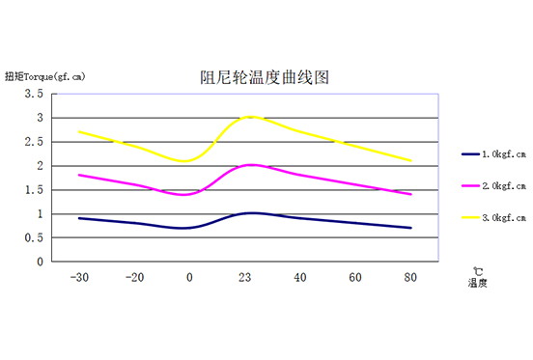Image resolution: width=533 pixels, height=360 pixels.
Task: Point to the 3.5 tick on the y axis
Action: (x=35, y=94)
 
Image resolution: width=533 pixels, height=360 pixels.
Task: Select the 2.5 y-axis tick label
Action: (x=35, y=142)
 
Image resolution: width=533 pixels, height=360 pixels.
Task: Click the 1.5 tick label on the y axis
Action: (x=35, y=190)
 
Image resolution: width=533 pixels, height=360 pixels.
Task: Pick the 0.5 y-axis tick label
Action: (x=35, y=237)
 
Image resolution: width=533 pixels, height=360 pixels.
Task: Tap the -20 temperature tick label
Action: (x=134, y=277)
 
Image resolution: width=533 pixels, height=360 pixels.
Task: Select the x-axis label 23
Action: (x=246, y=277)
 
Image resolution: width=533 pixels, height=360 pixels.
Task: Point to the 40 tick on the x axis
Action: (x=301, y=277)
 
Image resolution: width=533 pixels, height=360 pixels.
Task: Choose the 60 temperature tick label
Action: (x=355, y=277)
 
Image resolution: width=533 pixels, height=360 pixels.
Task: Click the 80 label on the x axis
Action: (x=410, y=277)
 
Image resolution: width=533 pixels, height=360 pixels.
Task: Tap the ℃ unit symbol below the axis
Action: (x=477, y=271)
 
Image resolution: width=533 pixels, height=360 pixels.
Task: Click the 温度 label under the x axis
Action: (x=477, y=284)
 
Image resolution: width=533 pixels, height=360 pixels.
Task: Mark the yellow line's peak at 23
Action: (x=250, y=117)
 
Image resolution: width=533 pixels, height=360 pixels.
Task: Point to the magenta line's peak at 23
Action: (x=250, y=165)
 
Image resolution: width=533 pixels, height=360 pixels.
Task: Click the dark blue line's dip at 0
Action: (x=188, y=228)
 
